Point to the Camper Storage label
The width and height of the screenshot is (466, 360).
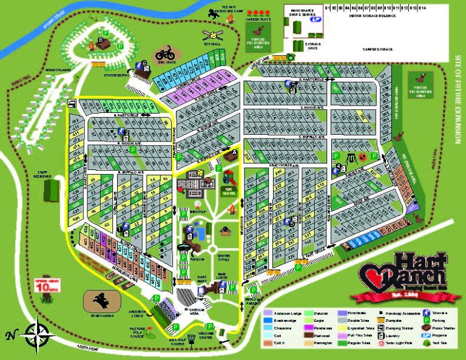(x=378, y=48)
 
